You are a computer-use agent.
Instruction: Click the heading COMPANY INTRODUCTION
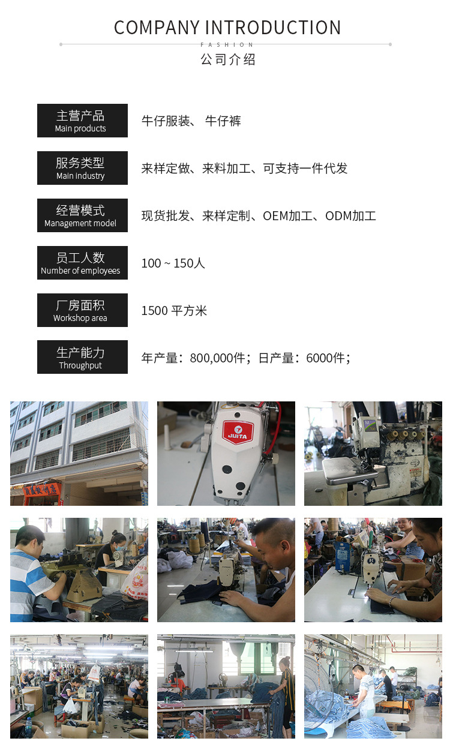227,28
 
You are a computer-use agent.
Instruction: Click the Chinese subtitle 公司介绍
227,60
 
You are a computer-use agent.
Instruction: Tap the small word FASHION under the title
227,45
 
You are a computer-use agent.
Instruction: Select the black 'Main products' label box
82,121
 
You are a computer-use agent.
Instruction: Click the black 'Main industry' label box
82,168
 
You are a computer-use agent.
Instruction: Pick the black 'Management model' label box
82,215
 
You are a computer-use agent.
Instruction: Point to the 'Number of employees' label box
82,263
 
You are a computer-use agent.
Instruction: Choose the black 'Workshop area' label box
82,310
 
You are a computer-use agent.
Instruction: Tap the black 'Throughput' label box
82,357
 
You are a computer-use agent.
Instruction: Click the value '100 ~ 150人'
173,263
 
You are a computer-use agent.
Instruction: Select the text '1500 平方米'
174,311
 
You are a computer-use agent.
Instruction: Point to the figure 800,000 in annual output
217,358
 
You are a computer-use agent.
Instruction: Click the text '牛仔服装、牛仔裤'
191,121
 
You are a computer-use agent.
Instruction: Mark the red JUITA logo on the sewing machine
238,433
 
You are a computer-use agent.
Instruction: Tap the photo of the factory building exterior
79,453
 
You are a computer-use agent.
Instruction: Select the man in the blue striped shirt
30,576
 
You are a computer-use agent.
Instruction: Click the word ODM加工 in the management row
350,216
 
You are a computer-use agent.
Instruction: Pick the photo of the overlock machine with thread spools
373,453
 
